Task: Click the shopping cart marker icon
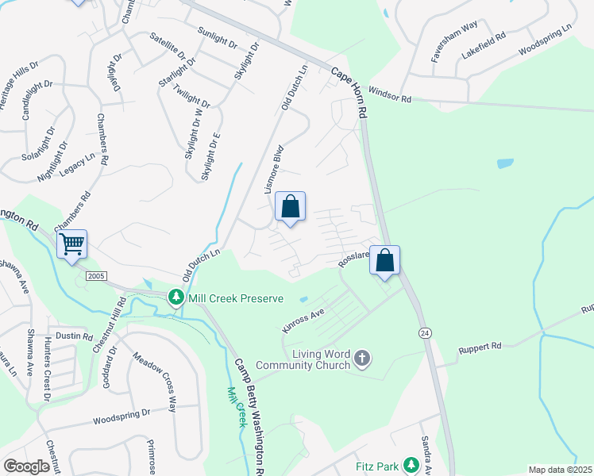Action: (x=71, y=244)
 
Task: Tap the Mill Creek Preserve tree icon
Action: (x=175, y=298)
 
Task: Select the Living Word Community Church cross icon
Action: (x=362, y=359)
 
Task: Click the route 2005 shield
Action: (x=96, y=275)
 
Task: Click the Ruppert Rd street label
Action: (x=480, y=347)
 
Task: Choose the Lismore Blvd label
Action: (x=273, y=170)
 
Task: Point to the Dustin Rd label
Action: (x=75, y=336)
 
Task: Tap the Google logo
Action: (x=26, y=466)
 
